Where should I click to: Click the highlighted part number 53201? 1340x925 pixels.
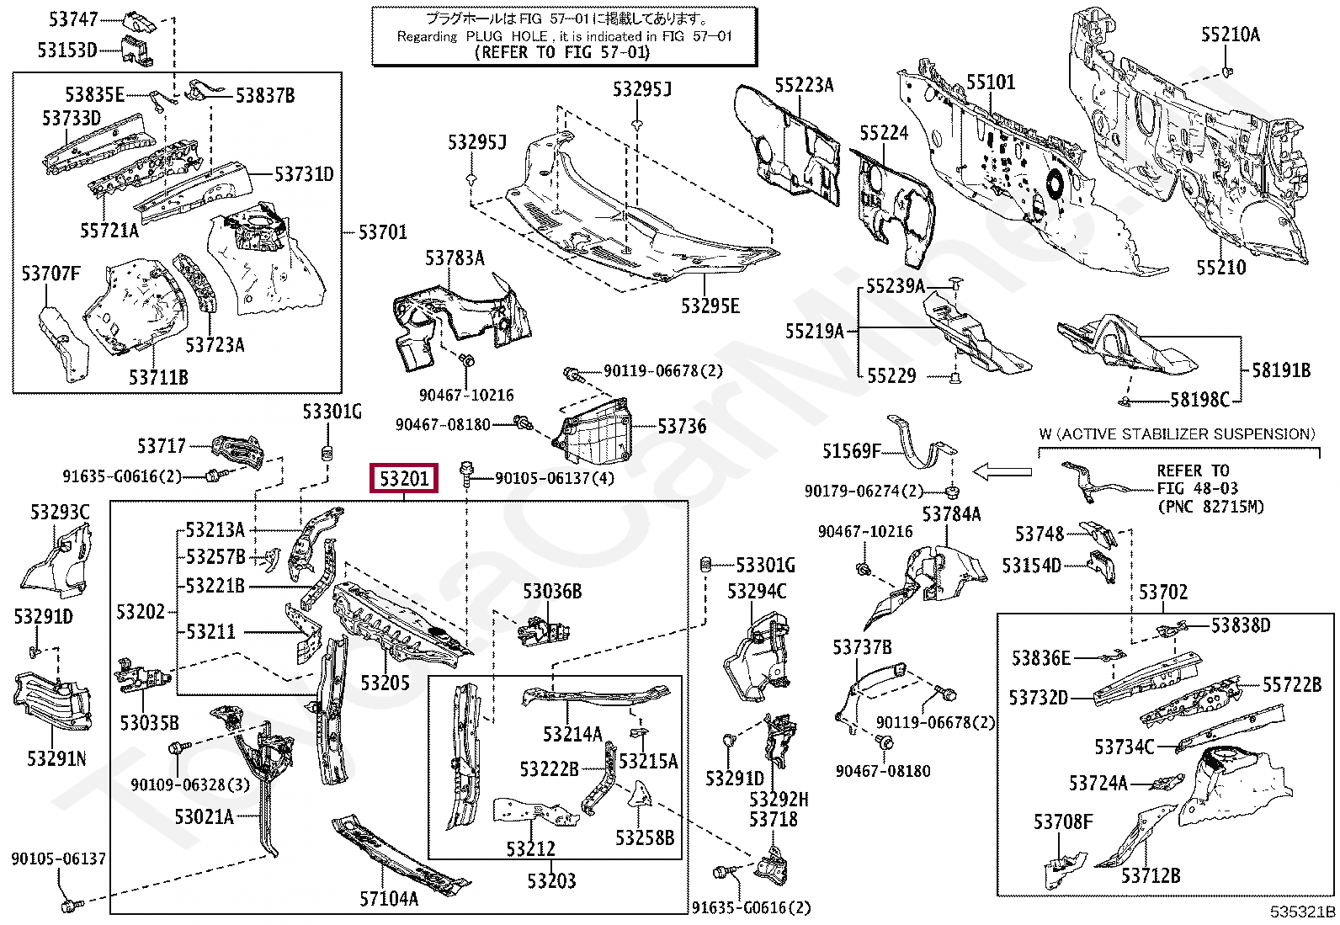[x=404, y=478]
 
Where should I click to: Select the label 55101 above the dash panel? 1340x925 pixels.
[x=991, y=82]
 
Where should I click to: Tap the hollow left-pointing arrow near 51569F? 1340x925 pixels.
[x=1002, y=472]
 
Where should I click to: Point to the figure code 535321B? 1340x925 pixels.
[x=1304, y=912]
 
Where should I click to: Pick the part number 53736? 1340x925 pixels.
[x=682, y=426]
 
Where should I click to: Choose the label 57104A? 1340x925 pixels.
[x=389, y=898]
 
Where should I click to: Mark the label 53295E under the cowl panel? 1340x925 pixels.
[x=710, y=306]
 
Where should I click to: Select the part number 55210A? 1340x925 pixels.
[x=1231, y=35]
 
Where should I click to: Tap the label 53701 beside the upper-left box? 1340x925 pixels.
[x=383, y=231]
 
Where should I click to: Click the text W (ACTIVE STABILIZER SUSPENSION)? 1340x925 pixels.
[x=1178, y=433]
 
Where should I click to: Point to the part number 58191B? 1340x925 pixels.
[x=1281, y=370]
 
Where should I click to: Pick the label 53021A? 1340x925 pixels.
[x=204, y=816]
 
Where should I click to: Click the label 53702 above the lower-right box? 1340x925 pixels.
[x=1163, y=593]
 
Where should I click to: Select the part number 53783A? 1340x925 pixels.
[x=455, y=258]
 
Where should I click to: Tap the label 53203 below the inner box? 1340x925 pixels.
[x=551, y=880]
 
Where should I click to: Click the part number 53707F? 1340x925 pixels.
[x=51, y=274]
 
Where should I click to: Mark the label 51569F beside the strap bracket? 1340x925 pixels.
[x=852, y=450]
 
